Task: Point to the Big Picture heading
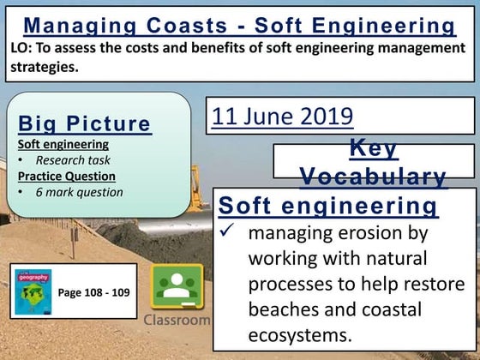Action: (84, 123)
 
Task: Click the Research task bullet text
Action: (73, 159)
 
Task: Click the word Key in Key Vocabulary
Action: (374, 148)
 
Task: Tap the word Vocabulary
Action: (373, 177)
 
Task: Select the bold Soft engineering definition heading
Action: (328, 207)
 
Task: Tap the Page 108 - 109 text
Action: (93, 293)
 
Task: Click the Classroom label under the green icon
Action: (177, 319)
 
